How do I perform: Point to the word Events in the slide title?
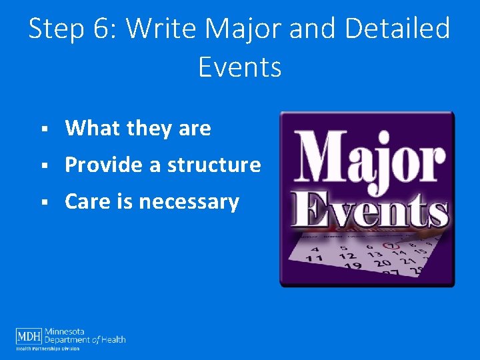239,67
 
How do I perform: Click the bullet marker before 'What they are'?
43,129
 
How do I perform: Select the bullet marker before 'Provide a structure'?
43,165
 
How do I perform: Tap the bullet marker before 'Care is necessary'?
43,202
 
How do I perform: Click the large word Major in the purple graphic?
369,159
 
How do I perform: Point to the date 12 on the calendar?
347,256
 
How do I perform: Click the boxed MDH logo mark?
29,335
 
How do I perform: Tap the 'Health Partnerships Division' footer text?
48,349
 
